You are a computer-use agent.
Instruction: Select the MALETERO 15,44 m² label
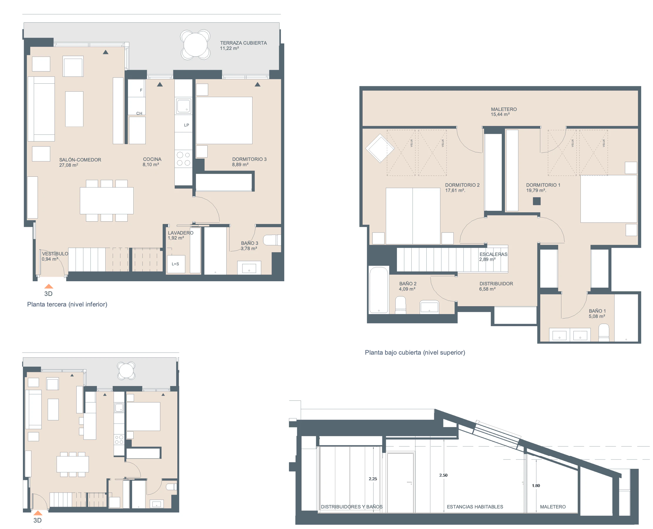(x=503, y=112)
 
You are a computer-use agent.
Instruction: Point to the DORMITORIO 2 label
(x=462, y=185)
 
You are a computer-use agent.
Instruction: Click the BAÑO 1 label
(x=597, y=311)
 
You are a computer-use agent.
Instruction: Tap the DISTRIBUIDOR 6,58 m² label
(x=496, y=286)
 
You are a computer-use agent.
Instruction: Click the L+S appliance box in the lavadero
(x=176, y=264)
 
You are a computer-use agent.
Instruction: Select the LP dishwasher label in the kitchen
(x=186, y=125)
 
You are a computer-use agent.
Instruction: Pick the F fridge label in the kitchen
(x=141, y=90)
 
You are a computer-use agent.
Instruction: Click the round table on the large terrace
(x=195, y=45)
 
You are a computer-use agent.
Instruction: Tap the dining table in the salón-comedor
(x=107, y=201)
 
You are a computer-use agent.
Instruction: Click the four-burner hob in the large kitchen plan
(x=184, y=159)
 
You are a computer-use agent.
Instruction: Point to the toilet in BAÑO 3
(x=272, y=240)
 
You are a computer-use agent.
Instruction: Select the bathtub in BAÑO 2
(x=379, y=290)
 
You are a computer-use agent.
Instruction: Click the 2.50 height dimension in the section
(x=443, y=475)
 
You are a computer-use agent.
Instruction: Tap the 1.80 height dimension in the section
(x=536, y=486)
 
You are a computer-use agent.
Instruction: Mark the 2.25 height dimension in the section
(x=373, y=479)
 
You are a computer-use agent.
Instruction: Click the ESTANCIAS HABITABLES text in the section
(x=475, y=507)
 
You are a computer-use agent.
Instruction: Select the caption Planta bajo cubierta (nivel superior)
(x=415, y=353)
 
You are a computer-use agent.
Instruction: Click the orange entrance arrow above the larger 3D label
(x=49, y=286)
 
